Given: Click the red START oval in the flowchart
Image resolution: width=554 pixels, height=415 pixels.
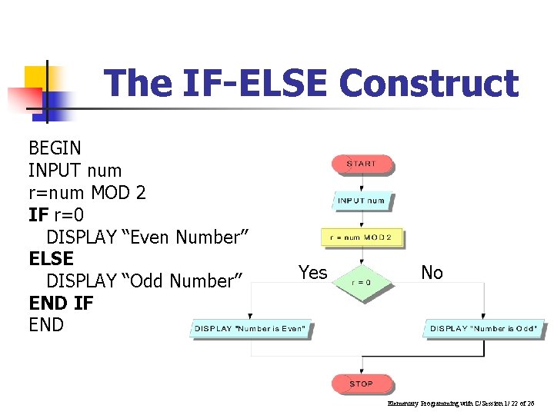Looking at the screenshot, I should point(362,164).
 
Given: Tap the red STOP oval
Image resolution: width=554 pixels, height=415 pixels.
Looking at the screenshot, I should point(361,383).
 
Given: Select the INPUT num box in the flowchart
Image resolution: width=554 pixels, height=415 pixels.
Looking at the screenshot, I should point(362,201).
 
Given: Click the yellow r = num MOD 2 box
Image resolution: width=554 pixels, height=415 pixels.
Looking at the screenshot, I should point(362,237).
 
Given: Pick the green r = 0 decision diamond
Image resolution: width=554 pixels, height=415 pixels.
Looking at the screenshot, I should point(362,282).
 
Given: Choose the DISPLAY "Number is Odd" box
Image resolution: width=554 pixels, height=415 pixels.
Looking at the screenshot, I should point(483,329).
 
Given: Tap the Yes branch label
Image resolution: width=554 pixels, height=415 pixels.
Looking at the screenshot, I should point(312,272).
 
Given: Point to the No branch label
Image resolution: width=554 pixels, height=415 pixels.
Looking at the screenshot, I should point(432,272).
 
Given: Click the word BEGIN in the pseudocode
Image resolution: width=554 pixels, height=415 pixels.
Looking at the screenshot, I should point(55,148).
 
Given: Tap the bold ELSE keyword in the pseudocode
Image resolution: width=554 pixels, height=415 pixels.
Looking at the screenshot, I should point(51,258).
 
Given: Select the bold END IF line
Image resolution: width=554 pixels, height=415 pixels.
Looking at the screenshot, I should point(61,303).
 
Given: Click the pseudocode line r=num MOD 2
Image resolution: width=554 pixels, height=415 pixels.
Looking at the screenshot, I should point(87,192).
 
